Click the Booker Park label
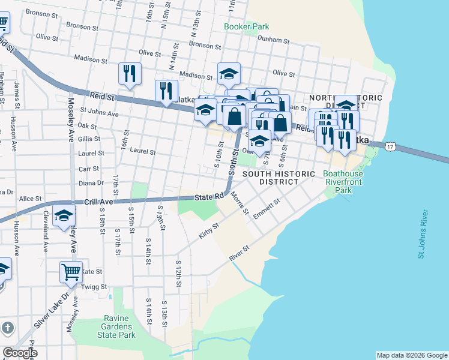[246, 26]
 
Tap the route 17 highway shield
[391, 146]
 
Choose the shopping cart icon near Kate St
[71, 272]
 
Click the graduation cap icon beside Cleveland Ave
[64, 217]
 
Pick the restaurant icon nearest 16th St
[130, 73]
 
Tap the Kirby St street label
[208, 231]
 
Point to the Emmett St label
[267, 210]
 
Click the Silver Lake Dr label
[49, 311]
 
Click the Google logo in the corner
[20, 353]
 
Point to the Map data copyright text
[411, 355]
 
